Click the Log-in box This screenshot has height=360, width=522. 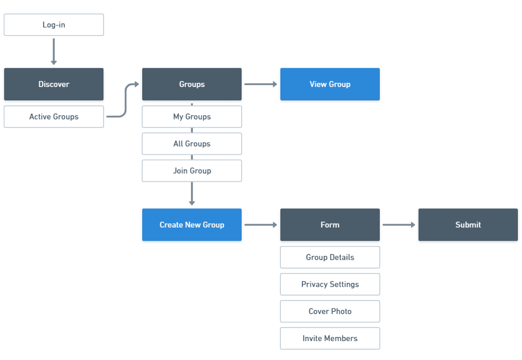pyautogui.click(x=54, y=25)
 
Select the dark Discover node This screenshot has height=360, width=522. pyautogui.click(x=54, y=85)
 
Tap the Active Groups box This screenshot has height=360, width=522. pyautogui.click(x=54, y=117)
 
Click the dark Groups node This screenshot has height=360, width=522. pyautogui.click(x=192, y=85)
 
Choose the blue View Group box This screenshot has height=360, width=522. pyautogui.click(x=330, y=85)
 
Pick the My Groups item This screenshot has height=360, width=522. pyautogui.click(x=192, y=117)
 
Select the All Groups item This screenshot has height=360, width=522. pyautogui.click(x=192, y=144)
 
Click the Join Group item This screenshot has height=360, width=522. pyautogui.click(x=192, y=171)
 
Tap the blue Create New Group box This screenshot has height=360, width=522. pyautogui.click(x=192, y=225)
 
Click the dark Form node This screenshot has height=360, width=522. pyautogui.click(x=330, y=225)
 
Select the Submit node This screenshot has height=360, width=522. pyautogui.click(x=468, y=225)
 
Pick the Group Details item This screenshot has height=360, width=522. pyautogui.click(x=330, y=257)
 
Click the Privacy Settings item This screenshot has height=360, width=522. pyautogui.click(x=330, y=284)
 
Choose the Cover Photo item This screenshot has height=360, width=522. pyautogui.click(x=330, y=311)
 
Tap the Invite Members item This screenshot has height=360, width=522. pyautogui.click(x=330, y=338)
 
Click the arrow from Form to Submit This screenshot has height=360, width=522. pyautogui.click(x=399, y=225)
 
